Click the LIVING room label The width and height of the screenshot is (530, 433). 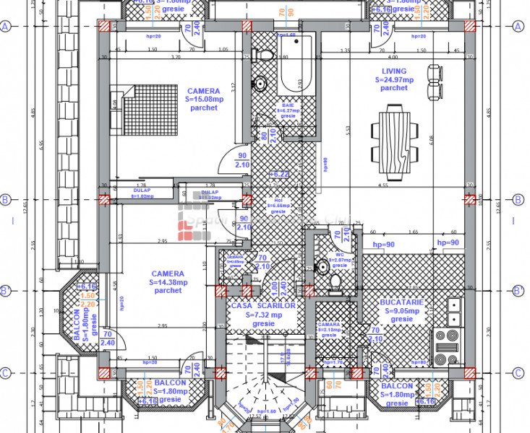394,71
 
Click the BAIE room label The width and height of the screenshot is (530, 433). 288,105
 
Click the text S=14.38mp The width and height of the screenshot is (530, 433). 168,282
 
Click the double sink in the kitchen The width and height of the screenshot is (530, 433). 453,311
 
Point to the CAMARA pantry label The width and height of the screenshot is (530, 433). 329,325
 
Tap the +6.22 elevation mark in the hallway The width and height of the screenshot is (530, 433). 279,174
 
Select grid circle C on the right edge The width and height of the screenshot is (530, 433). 517,373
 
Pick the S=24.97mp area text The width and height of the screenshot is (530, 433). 394,79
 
